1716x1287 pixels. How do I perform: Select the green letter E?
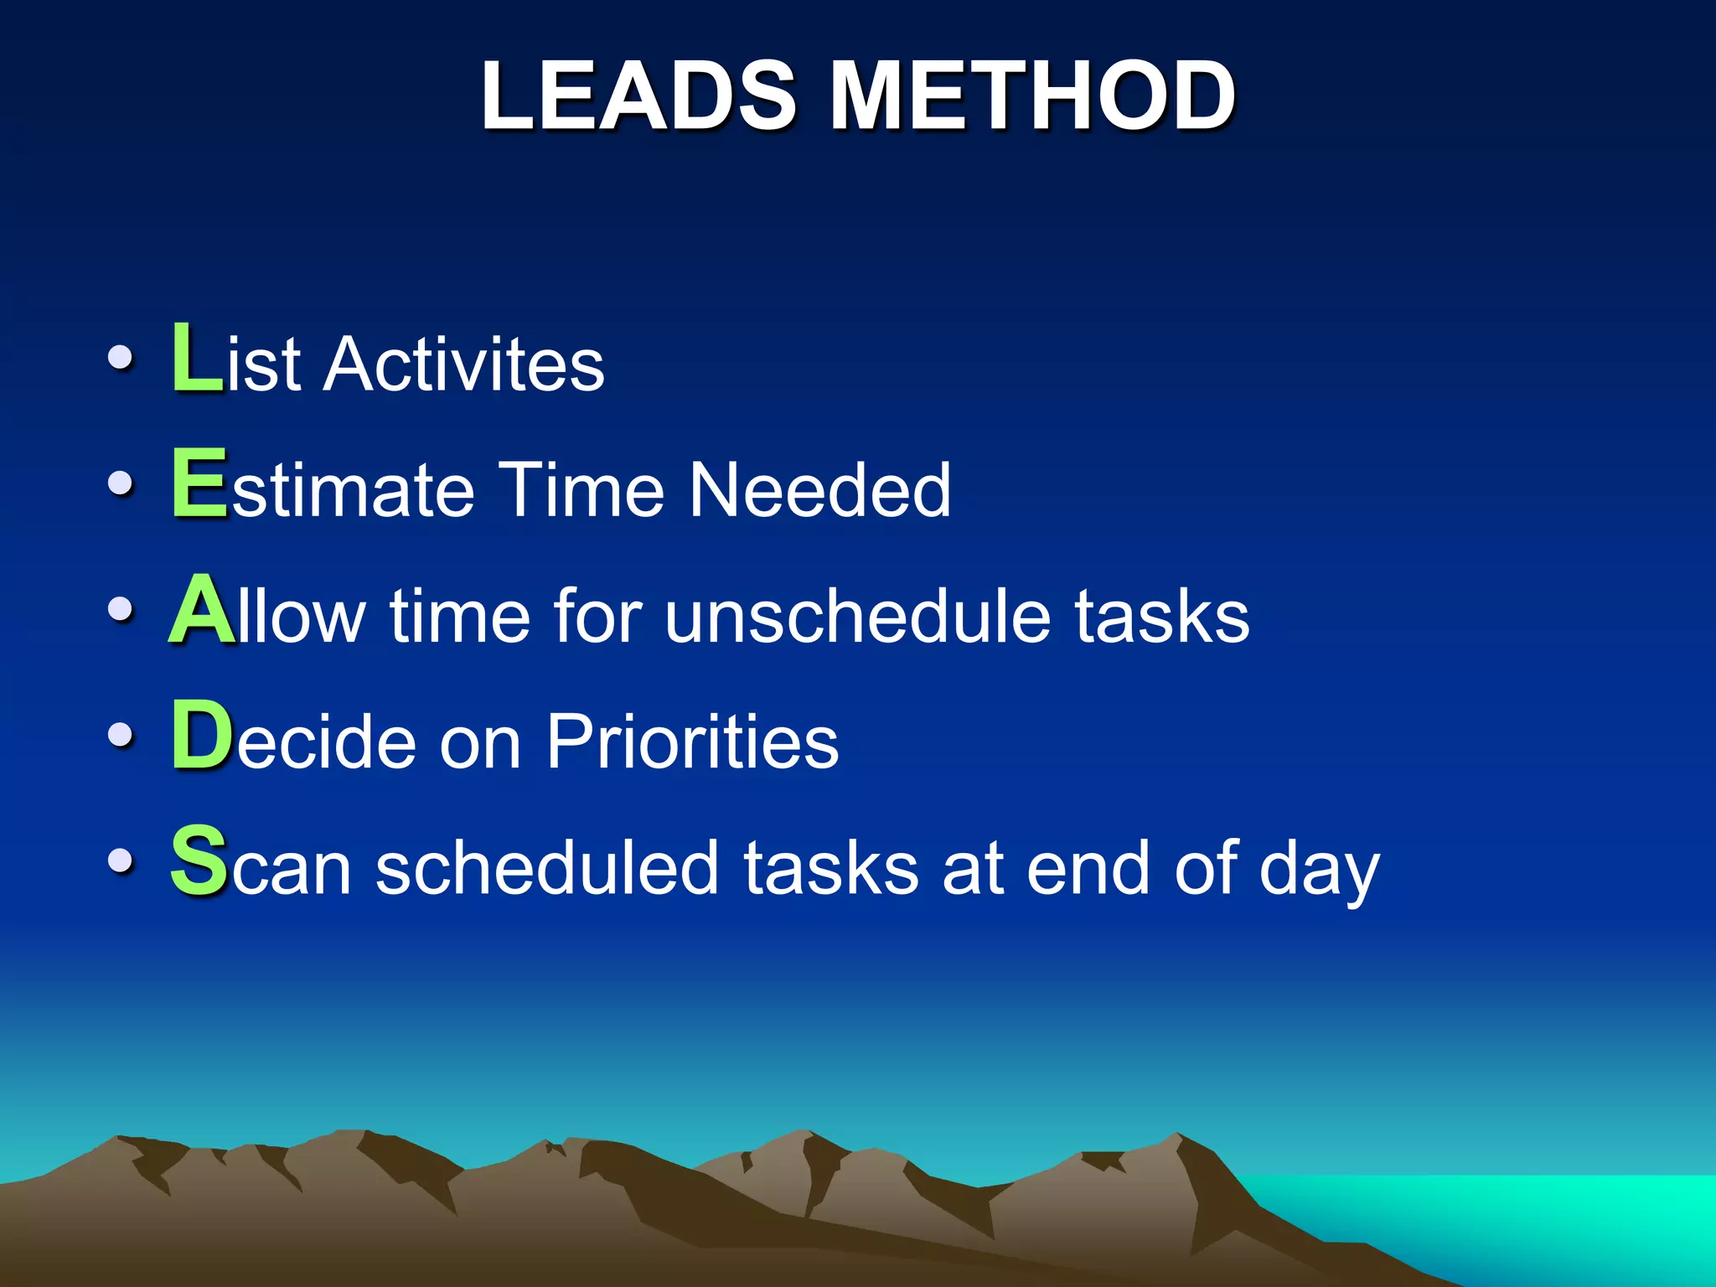click(x=199, y=483)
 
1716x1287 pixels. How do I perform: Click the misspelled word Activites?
click(x=464, y=364)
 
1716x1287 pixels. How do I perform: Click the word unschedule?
click(x=858, y=617)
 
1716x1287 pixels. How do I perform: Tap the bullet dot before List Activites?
click(x=121, y=359)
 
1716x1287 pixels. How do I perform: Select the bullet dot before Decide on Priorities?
click(x=121, y=736)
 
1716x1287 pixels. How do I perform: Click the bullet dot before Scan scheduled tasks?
click(x=121, y=861)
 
